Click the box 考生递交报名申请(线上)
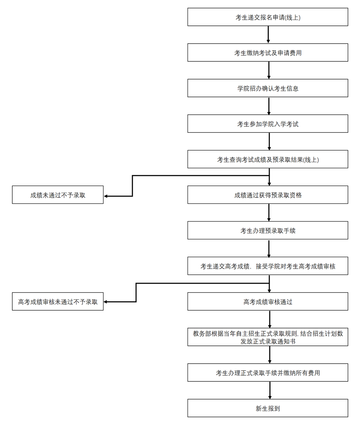(267, 17)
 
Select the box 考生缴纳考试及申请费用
(267, 53)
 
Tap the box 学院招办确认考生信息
(267, 88)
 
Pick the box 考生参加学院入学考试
(267, 124)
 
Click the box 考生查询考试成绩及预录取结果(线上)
(267, 159)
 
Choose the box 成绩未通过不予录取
(58, 195)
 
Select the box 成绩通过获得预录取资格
(267, 195)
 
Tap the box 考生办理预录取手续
(267, 230)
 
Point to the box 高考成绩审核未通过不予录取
(58, 301)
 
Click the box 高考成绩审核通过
(267, 301)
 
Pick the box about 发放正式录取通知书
(267, 337)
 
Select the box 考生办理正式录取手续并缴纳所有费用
(267, 373)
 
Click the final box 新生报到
(267, 408)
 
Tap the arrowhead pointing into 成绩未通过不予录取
(106, 196)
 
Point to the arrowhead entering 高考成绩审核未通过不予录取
(106, 302)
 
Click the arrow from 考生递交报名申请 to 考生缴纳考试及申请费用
(269, 35)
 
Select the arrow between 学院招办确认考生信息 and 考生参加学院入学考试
(269, 106)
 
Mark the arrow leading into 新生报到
(269, 390)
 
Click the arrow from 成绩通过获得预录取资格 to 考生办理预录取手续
(269, 212)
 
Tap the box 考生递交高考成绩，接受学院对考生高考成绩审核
(267, 266)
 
